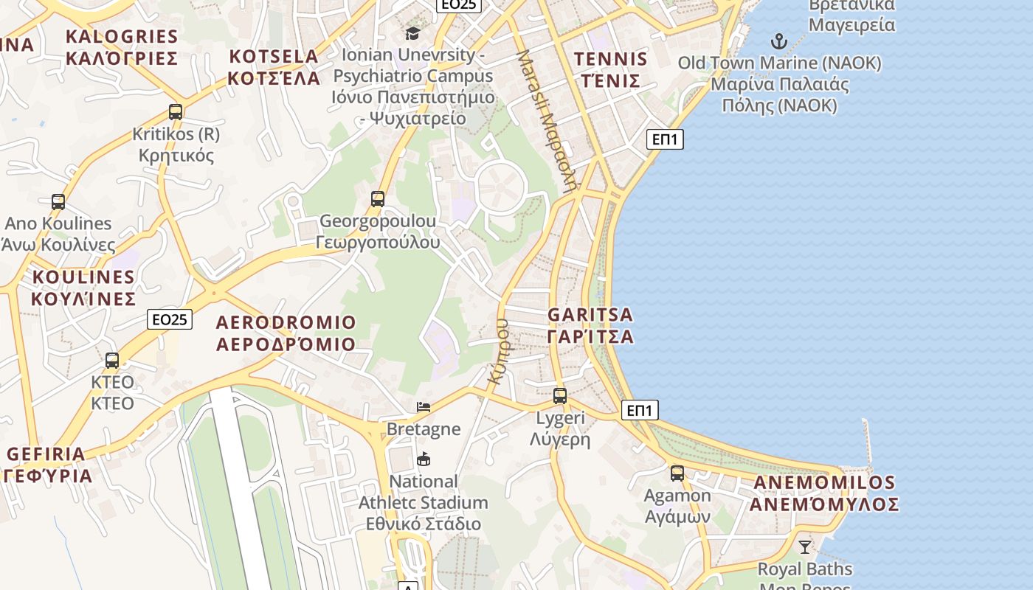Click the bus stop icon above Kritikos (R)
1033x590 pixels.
pyautogui.click(x=176, y=112)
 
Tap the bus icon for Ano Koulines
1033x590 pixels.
pyautogui.click(x=58, y=201)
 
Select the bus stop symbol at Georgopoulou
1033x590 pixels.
pyautogui.click(x=378, y=198)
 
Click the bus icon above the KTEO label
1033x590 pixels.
pyautogui.click(x=112, y=361)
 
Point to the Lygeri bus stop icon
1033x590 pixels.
pyautogui.click(x=560, y=396)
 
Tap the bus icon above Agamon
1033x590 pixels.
pyautogui.click(x=677, y=473)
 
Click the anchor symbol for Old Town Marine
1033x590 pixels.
pyautogui.click(x=779, y=41)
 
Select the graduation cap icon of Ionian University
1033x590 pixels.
pyautogui.click(x=412, y=33)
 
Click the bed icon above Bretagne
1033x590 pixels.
pyautogui.click(x=424, y=406)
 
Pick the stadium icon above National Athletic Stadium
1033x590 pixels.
pyautogui.click(x=424, y=459)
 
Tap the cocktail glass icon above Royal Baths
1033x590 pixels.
pyautogui.click(x=805, y=547)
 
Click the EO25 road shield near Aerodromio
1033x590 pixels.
pyautogui.click(x=170, y=319)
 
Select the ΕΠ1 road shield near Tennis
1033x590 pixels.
pyautogui.click(x=665, y=139)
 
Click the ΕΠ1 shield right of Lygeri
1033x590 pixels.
pyautogui.click(x=640, y=410)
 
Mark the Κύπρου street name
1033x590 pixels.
pyautogui.click(x=499, y=350)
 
